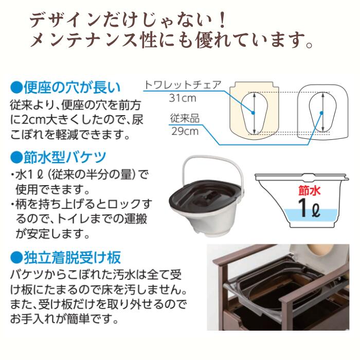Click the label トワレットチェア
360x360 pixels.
coord(183,85)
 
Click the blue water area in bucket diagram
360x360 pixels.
coord(288,216)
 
